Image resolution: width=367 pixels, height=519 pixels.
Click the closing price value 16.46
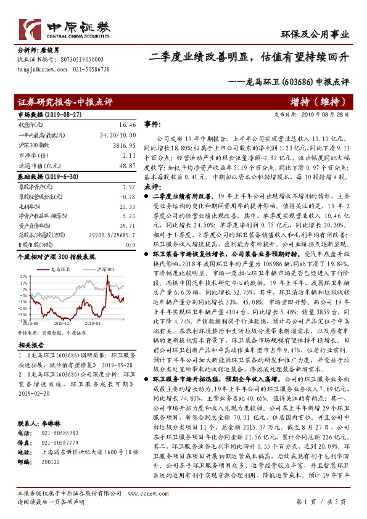click(126, 124)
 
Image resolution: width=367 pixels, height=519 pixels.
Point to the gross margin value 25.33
click(126, 206)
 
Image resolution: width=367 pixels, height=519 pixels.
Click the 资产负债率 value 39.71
click(126, 226)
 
